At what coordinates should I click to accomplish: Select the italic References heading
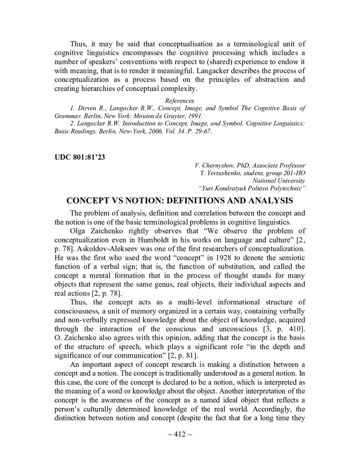(x=180, y=101)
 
